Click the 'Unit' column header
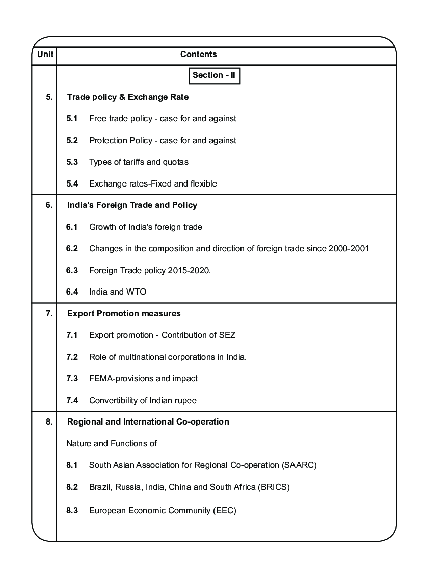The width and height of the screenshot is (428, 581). pos(44,55)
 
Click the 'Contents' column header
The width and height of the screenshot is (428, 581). pos(199,55)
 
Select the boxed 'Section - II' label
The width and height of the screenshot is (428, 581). pos(214,75)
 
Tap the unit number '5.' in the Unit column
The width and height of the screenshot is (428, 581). pos(49,97)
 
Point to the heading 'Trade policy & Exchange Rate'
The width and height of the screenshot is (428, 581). pos(128,97)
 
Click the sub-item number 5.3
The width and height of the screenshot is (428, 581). pos(72,162)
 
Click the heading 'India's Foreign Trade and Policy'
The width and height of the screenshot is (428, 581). pos(132,205)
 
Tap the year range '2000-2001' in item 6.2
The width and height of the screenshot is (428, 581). pos(352,249)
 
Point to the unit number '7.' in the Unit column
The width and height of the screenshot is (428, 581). pos(49,314)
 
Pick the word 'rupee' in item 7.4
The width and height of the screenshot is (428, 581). pos(185,401)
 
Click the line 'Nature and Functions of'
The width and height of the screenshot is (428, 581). pos(111,444)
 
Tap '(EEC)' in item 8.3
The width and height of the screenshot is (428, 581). pos(224,510)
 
